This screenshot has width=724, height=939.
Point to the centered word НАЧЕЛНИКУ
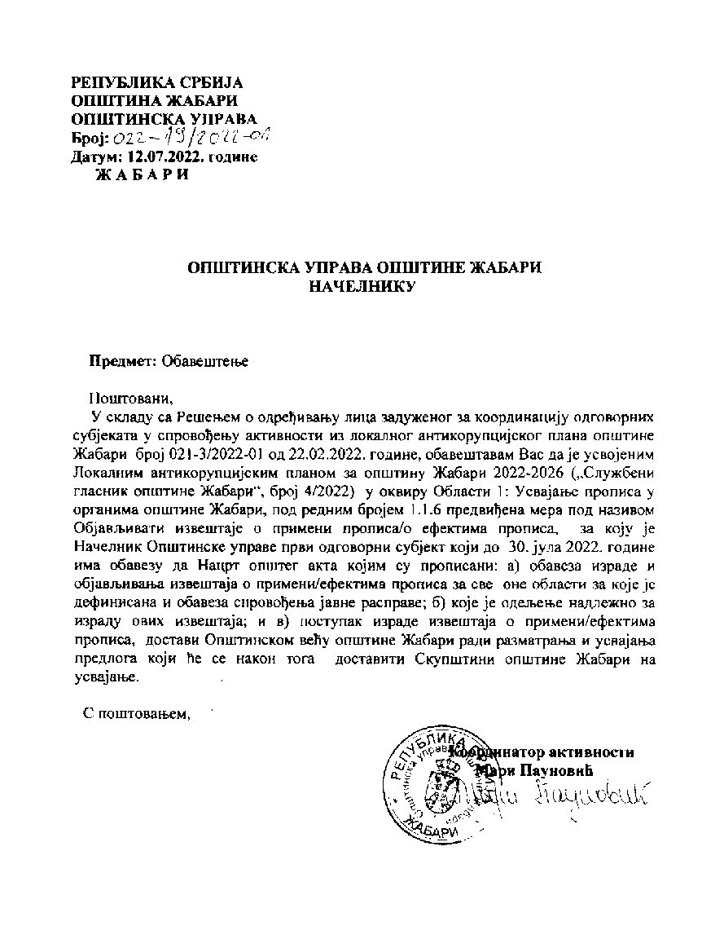click(x=365, y=286)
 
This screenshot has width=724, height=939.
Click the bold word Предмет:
click(x=123, y=361)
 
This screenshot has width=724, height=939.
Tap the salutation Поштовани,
click(x=132, y=399)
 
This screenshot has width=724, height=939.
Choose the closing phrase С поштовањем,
click(x=137, y=715)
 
